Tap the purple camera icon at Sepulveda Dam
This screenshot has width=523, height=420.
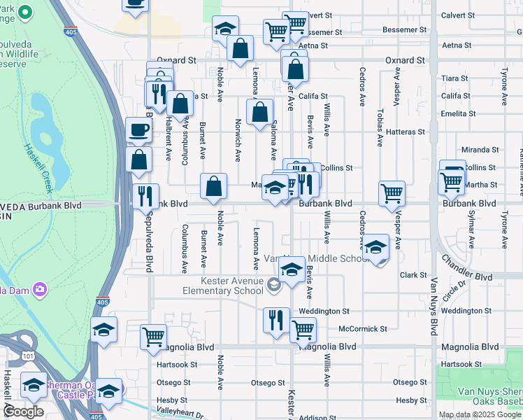click(x=41, y=288)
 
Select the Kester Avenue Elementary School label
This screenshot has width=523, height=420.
click(x=222, y=286)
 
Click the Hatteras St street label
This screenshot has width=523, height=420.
click(x=406, y=132)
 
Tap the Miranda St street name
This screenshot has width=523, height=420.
click(x=480, y=150)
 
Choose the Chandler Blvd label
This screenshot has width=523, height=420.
click(x=466, y=267)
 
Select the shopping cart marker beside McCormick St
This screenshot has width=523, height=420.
click(x=303, y=328)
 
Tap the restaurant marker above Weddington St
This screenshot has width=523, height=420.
click(x=276, y=319)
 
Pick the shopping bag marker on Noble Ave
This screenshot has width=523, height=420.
click(x=214, y=185)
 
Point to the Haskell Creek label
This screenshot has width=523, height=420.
click(x=39, y=169)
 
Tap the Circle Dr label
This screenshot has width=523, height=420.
click(x=459, y=286)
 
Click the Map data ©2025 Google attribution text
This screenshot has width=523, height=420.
click(x=479, y=414)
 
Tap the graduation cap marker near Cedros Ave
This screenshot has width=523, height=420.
click(x=376, y=247)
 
